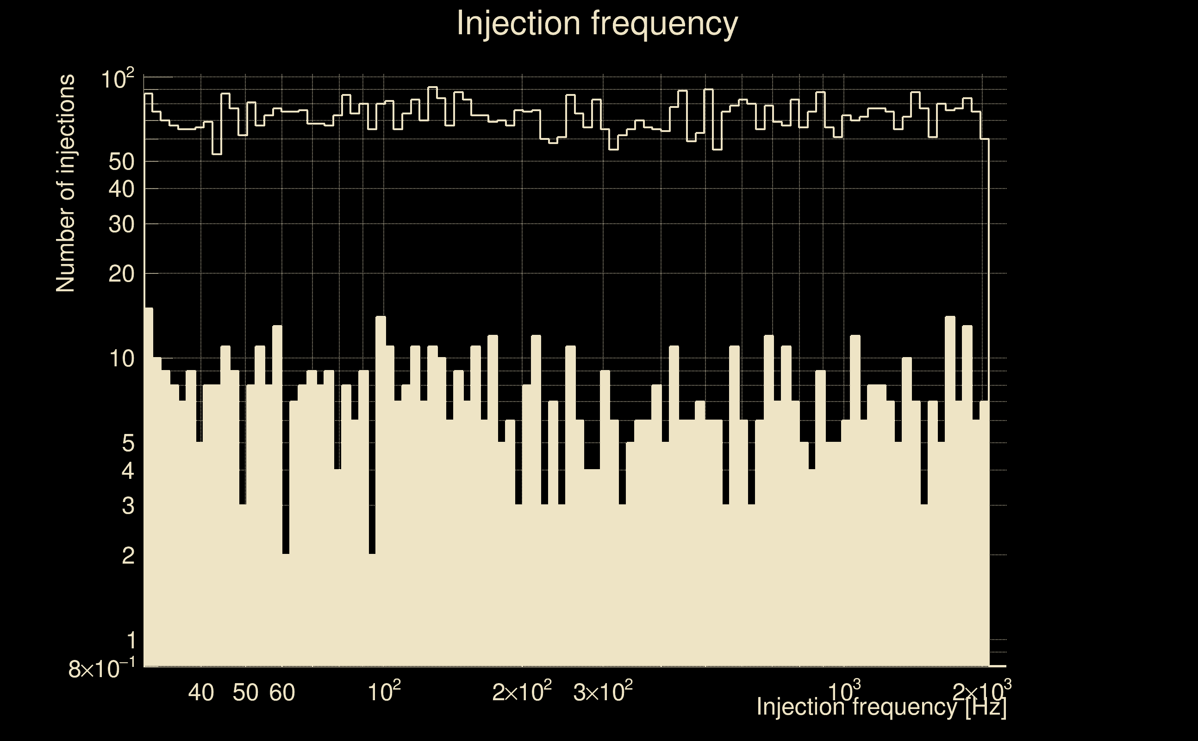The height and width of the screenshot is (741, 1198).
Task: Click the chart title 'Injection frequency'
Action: click(x=597, y=23)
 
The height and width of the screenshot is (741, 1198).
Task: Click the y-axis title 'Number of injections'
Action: click(x=66, y=183)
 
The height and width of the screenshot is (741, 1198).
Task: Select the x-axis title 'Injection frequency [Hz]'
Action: click(x=881, y=707)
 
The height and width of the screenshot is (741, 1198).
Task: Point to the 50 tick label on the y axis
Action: click(x=121, y=162)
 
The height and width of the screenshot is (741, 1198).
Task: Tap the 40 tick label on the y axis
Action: click(x=121, y=188)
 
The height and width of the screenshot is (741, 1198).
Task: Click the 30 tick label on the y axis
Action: click(x=121, y=225)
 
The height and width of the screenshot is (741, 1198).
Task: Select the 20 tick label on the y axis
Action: click(x=121, y=274)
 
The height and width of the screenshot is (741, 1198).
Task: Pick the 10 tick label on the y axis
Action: click(x=121, y=359)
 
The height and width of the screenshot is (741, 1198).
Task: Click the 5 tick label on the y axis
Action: click(x=128, y=444)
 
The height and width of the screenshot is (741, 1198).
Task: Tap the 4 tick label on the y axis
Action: click(x=128, y=471)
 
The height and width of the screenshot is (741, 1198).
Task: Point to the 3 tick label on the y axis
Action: click(x=128, y=506)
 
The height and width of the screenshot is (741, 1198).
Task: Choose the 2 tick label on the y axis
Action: click(x=128, y=556)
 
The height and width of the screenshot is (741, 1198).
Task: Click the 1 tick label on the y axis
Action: click(x=130, y=641)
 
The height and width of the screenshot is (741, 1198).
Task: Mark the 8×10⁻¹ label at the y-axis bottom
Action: click(x=102, y=668)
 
